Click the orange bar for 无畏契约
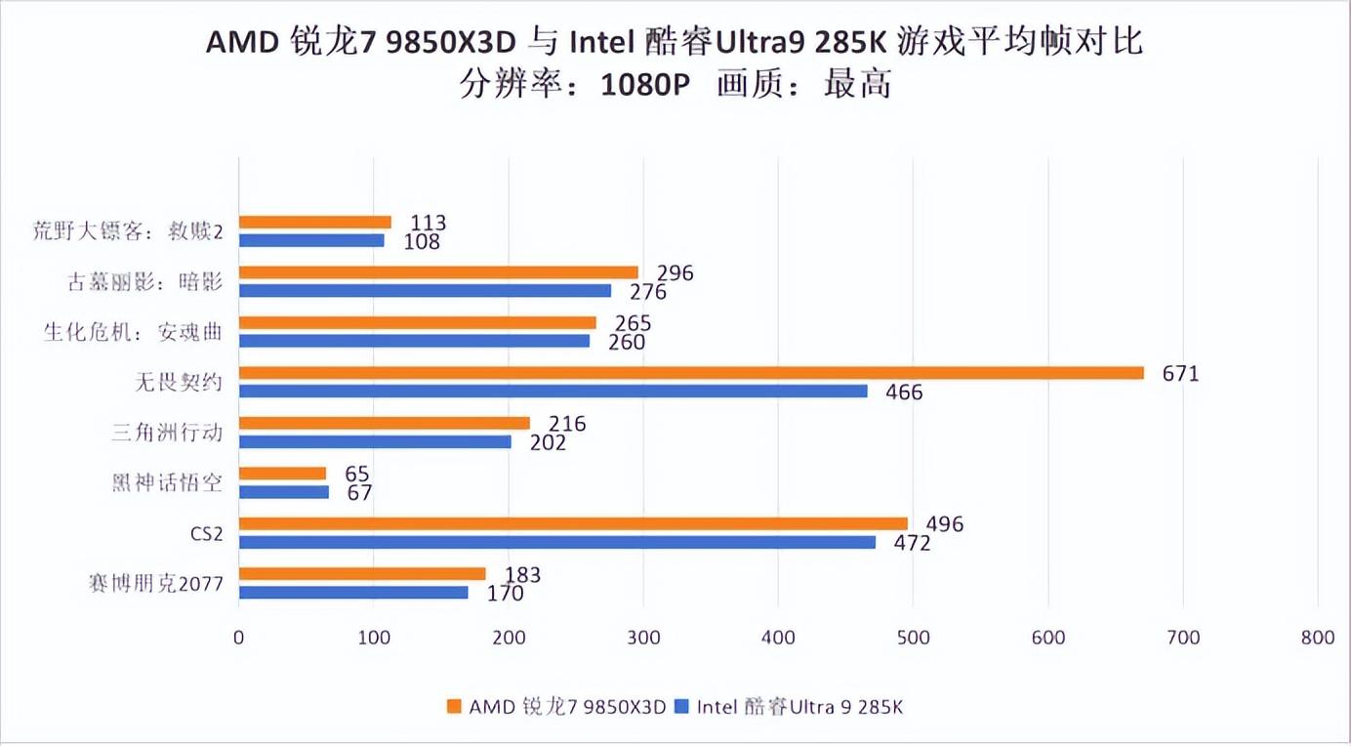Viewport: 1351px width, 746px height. tap(691, 373)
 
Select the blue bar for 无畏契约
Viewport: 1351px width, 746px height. tap(553, 391)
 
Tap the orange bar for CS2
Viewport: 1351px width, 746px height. tap(573, 523)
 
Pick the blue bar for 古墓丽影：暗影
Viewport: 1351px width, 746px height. tap(425, 290)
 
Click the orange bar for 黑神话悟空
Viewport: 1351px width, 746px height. tap(282, 474)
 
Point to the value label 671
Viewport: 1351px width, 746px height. tap(1180, 373)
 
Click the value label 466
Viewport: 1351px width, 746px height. tap(903, 393)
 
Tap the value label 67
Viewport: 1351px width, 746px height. tap(359, 492)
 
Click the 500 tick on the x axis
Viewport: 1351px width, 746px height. tap(913, 638)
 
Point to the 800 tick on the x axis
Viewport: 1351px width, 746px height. tap(1318, 638)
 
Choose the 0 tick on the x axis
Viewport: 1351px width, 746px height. tap(239, 638)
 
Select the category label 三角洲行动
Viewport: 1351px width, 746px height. tap(167, 433)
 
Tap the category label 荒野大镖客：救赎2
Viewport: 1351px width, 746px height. tap(128, 232)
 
